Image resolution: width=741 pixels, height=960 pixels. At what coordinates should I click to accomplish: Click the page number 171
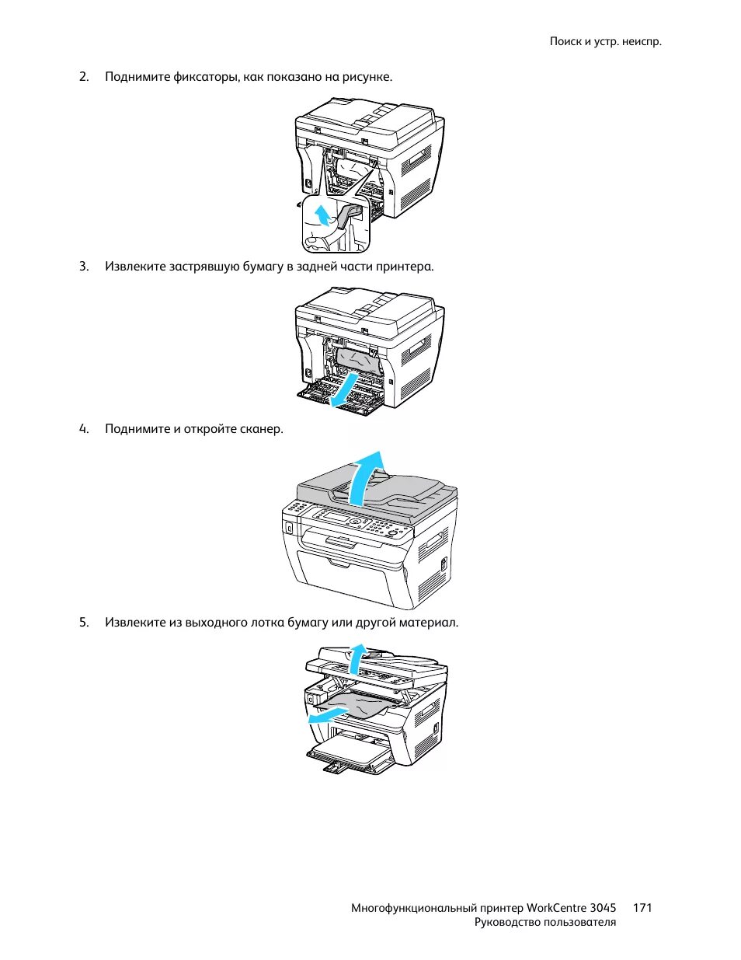click(642, 907)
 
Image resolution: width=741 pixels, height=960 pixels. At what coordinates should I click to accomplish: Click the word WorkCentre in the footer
click(555, 907)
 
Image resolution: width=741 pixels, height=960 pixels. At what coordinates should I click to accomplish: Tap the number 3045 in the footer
click(603, 907)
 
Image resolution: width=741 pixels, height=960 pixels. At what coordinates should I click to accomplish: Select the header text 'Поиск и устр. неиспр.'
click(606, 41)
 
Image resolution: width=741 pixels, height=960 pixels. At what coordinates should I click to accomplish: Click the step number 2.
click(83, 76)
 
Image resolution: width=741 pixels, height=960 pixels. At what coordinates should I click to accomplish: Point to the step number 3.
click(83, 266)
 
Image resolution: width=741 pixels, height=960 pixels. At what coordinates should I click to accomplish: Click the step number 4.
click(83, 428)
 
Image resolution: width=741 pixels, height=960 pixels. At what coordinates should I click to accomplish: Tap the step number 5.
click(83, 622)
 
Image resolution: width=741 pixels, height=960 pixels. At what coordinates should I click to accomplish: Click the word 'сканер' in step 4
click(261, 428)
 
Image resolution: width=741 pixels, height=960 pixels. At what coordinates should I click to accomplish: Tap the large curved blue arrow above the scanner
click(364, 474)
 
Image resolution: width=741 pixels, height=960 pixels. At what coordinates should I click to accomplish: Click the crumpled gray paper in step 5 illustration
click(361, 706)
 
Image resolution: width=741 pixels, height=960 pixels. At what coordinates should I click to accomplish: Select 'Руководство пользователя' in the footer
click(544, 922)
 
